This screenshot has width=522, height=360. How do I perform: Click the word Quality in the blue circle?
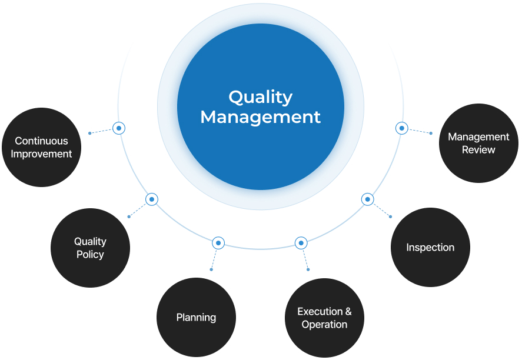coord(260,96)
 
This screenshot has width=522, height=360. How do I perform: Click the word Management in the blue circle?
coord(260,116)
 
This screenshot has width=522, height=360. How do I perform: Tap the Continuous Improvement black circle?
coord(41,147)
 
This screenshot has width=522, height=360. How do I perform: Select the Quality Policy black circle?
coord(90,248)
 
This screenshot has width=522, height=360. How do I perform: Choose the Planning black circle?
coord(196,318)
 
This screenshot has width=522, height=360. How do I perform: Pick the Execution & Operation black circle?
coord(324,318)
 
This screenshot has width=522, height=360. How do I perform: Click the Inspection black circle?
coord(430,247)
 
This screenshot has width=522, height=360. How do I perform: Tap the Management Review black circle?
coord(478,143)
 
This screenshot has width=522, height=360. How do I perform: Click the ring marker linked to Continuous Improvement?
coord(119,128)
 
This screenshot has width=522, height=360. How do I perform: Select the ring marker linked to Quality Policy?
coord(152,199)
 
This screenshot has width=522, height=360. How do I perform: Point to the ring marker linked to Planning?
coord(218,243)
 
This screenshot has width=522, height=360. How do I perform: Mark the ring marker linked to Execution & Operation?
coord(301,243)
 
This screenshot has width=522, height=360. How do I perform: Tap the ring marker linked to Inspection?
coord(367,199)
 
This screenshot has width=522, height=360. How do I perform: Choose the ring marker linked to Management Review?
coord(401,128)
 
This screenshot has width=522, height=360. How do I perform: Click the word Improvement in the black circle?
coord(41,154)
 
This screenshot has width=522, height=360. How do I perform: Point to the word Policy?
coord(90,255)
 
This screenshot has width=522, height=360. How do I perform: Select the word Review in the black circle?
coord(478,150)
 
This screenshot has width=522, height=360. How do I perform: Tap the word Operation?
coord(324,325)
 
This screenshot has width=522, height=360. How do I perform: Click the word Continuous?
coord(41,141)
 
